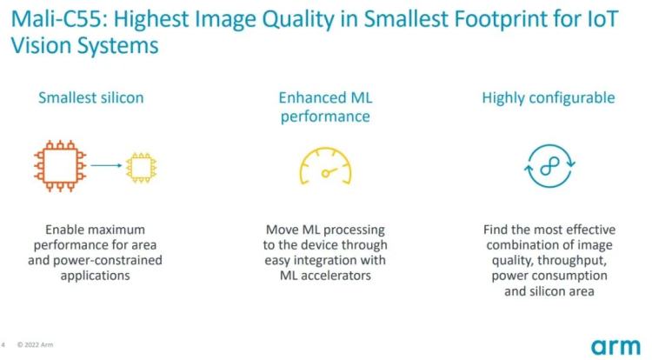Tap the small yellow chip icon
pos(142,168)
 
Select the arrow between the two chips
pos(106,165)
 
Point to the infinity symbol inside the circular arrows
pos(549,166)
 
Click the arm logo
pos(615,346)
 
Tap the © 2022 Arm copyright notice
pos(35,344)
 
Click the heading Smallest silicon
pos(91,97)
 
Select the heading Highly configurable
pos(549,98)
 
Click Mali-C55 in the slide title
pos(59,19)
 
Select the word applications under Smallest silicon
pos(96,276)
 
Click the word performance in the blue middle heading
pos(325,117)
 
